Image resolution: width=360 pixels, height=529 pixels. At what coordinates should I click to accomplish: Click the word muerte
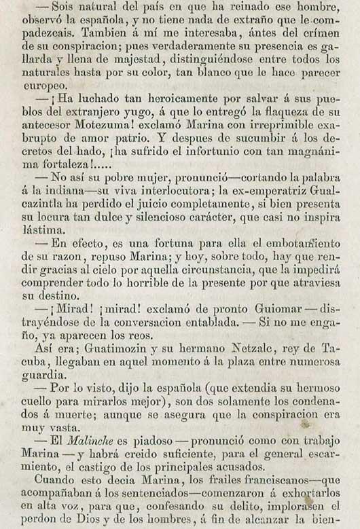click(x=69, y=415)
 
